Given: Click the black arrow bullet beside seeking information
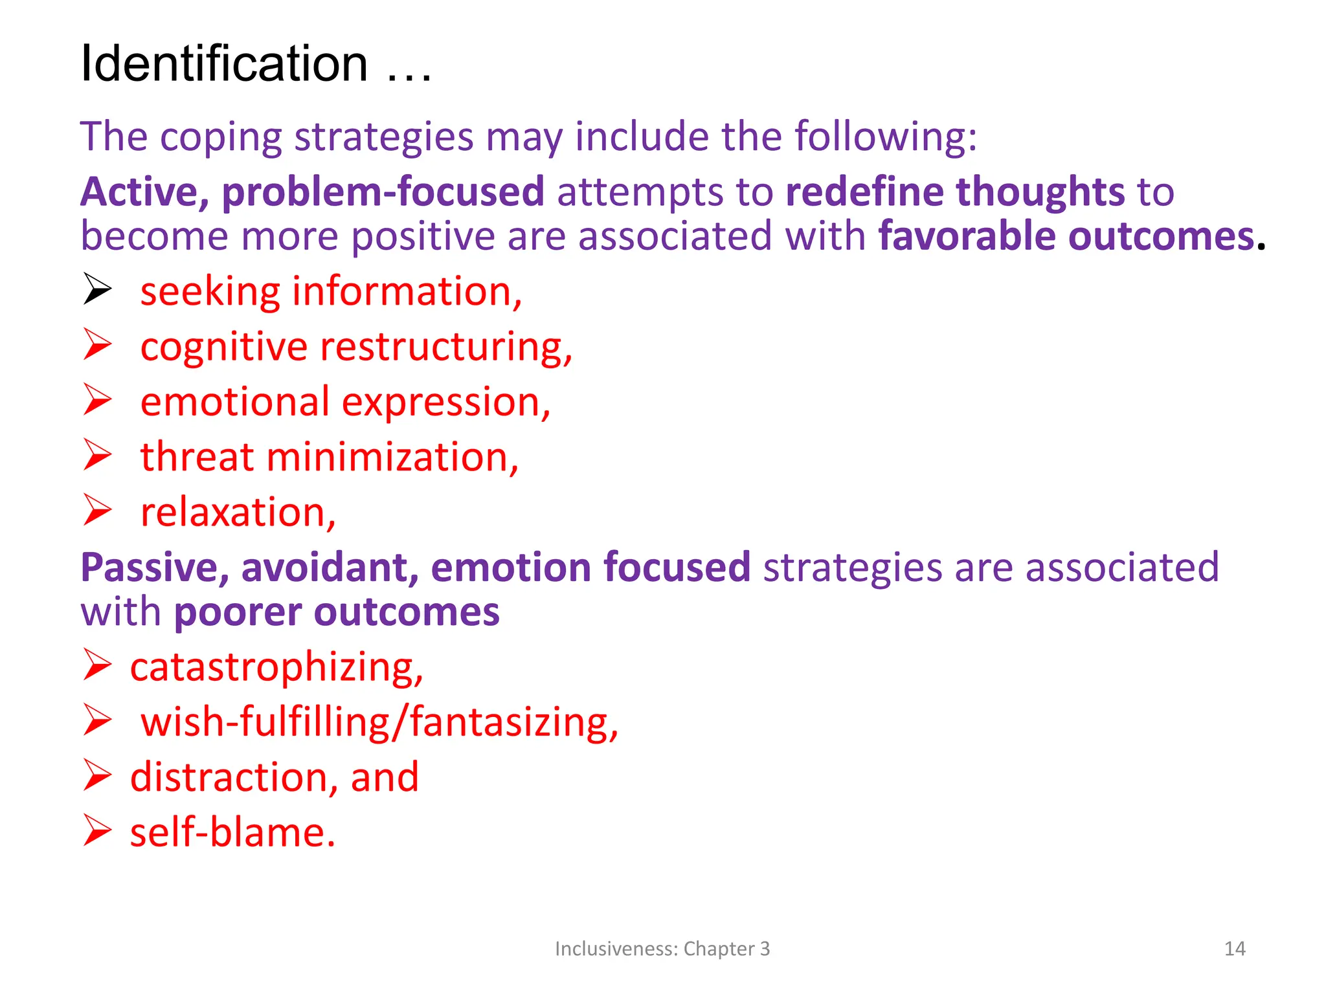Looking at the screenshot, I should (97, 289).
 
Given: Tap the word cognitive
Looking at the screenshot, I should (223, 348).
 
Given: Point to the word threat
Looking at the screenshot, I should (197, 457).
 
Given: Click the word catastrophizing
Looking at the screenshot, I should (276, 667).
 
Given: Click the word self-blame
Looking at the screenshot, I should (232, 832).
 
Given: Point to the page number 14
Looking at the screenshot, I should (1235, 949).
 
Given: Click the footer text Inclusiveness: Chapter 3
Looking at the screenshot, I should (662, 949).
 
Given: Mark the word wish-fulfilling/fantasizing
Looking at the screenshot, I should (379, 722).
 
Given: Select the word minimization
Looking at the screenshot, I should (392, 457).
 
